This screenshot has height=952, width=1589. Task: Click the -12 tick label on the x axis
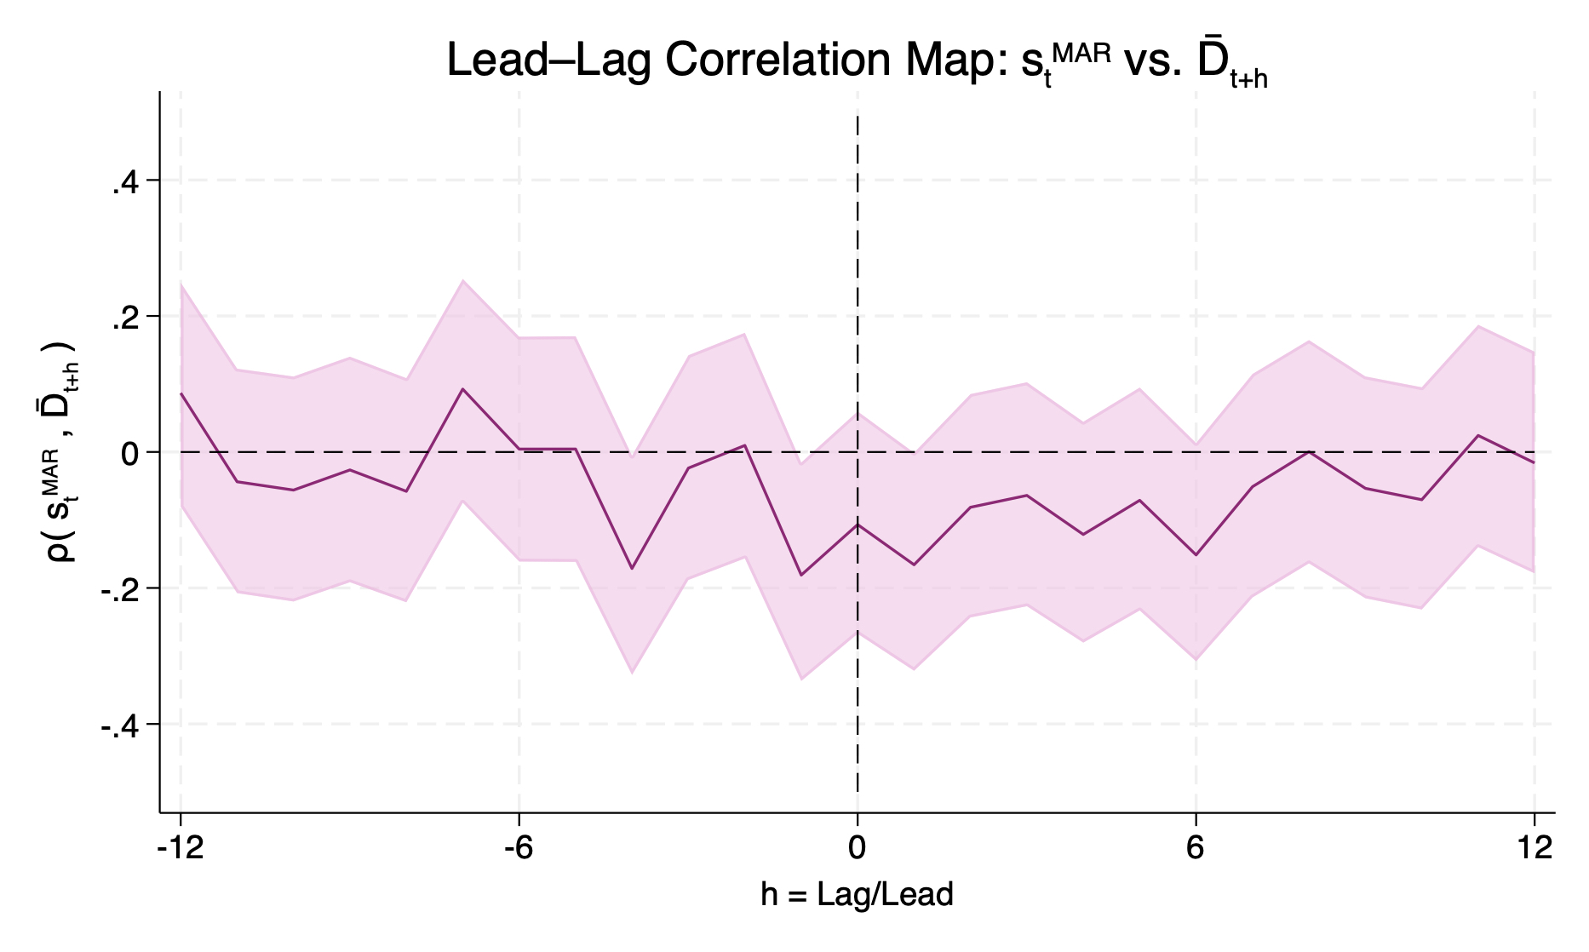180,849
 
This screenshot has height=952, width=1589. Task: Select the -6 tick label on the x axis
519,849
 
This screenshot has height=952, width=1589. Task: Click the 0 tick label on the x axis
858,849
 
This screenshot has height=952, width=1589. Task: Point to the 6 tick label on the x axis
1196,849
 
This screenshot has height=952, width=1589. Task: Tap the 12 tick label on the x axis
1535,849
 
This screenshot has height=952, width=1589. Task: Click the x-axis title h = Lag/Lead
857,895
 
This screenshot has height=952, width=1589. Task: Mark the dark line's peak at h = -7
462,389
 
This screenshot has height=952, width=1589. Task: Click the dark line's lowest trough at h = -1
800,576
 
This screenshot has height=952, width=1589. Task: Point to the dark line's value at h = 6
1196,555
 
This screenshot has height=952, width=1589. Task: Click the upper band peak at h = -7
462,280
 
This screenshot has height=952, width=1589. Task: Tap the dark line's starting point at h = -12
181,393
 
